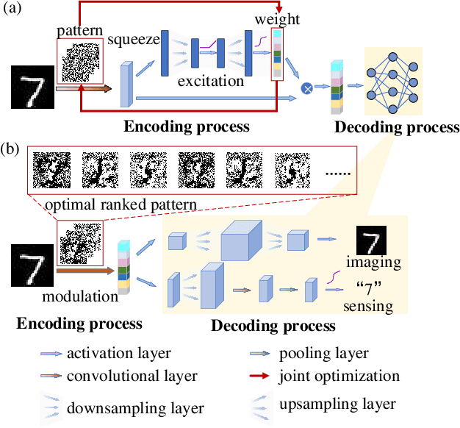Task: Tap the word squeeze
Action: pos(132,40)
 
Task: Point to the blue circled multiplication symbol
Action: pos(306,89)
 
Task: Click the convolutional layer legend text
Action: pos(132,377)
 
